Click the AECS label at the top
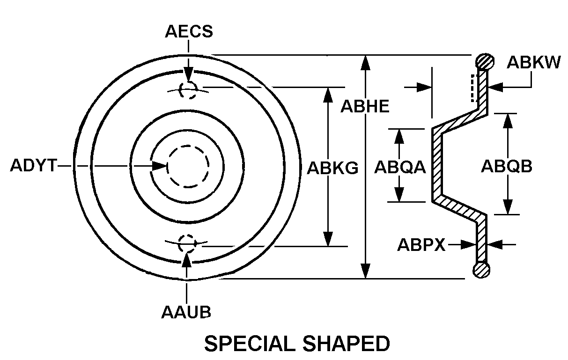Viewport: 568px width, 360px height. (189, 31)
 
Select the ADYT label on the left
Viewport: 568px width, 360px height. (33, 166)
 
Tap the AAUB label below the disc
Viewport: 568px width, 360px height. (186, 312)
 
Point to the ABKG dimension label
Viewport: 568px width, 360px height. (332, 168)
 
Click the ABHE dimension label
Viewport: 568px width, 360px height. (365, 107)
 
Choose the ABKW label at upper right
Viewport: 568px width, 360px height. (534, 63)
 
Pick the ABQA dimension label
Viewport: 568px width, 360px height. (399, 167)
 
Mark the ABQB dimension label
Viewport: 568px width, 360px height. (506, 167)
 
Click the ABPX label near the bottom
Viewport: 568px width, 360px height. (421, 244)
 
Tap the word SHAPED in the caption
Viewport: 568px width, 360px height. (348, 344)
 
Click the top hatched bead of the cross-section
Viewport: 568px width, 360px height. (485, 61)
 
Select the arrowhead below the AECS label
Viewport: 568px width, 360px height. (188, 77)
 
